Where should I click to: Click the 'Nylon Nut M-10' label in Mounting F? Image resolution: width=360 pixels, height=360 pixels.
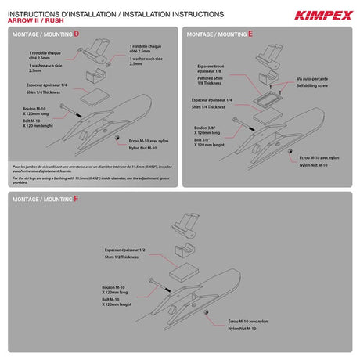pos(232,328)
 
